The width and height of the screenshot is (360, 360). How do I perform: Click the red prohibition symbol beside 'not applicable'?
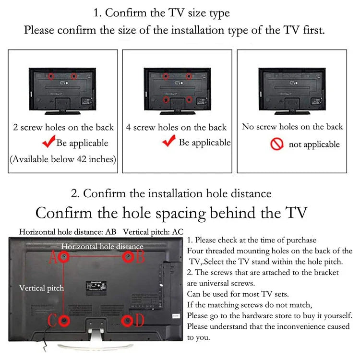point(276,144)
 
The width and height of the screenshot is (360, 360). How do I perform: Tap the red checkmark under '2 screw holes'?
point(49,141)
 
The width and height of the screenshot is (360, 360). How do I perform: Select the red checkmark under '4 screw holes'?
point(169,141)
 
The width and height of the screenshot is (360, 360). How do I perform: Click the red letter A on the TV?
point(53,257)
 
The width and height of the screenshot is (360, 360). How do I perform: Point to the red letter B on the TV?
point(140,257)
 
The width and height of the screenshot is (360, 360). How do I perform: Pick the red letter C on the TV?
point(52,320)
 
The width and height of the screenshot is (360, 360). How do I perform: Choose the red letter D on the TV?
point(139,320)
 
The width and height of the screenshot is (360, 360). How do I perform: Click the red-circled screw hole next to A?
point(64,257)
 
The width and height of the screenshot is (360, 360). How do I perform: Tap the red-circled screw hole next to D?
point(127,321)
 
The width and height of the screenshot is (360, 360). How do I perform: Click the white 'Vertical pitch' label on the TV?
point(42,288)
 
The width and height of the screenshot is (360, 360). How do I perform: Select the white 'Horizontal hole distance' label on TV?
point(102,246)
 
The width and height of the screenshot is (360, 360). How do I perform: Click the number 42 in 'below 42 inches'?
point(82,159)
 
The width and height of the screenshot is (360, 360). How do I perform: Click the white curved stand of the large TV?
point(96,344)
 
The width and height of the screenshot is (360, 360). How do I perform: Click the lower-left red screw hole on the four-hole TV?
point(166,100)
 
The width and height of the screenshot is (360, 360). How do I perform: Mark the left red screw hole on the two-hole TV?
point(51,76)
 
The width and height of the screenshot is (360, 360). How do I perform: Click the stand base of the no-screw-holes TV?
point(292,113)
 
